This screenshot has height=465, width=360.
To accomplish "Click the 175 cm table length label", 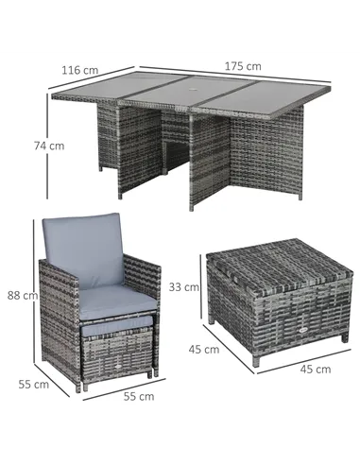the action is pos(243,66).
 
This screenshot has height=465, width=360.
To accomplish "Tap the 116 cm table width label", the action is pos(80,70).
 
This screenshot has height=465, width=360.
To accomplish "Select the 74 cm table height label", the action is pos(49,146).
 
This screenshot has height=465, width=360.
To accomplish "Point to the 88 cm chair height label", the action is pos(23,296).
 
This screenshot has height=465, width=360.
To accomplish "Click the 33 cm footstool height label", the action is pos(184,287).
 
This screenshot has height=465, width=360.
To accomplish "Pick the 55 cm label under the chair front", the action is pos(139,396).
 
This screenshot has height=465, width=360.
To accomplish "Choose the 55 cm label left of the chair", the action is pos(34,385).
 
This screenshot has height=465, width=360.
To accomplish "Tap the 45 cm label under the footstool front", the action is pos(316,370).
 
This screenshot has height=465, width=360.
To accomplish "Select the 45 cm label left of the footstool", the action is pos(204,350).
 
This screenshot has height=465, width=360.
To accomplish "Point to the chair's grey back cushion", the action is pos(84,249).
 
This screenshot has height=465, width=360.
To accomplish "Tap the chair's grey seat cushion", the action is pos(117,301).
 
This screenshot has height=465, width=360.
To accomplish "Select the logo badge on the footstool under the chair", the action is pos(118,367).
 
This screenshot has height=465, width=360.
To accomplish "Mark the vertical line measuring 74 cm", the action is pos(47,146).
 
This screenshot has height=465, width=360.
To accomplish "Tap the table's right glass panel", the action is pos(266,97).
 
